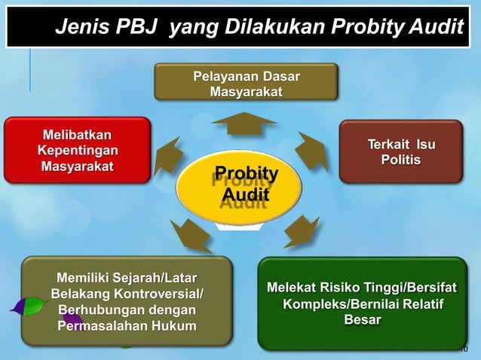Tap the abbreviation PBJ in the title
tap(137, 28)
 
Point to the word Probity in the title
tap(366, 28)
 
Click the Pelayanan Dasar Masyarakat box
tap(246, 83)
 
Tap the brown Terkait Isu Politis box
tap(400, 151)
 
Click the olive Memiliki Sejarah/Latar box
tap(126, 301)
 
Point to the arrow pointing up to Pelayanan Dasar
tap(245, 122)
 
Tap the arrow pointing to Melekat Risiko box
tap(301, 230)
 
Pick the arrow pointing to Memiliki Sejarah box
tap(189, 233)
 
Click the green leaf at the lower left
tap(29, 306)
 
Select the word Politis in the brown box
tap(400, 160)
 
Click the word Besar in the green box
tap(362, 320)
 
